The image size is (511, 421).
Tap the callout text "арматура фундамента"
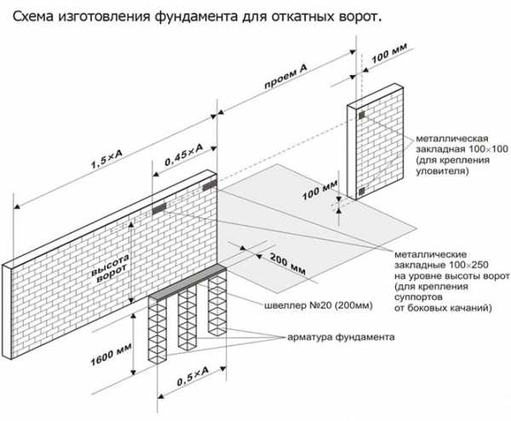pos(342,337)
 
